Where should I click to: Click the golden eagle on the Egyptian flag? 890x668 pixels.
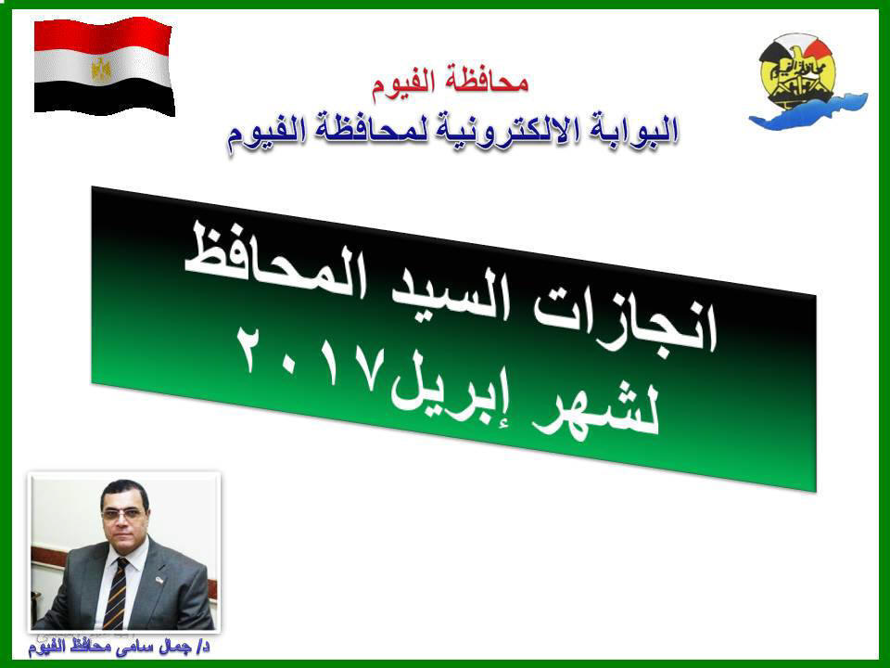coord(102,70)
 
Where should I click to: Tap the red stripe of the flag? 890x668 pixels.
coord(102,35)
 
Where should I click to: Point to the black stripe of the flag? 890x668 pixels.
coord(104,96)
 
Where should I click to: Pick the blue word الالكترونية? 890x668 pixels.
coord(510,131)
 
